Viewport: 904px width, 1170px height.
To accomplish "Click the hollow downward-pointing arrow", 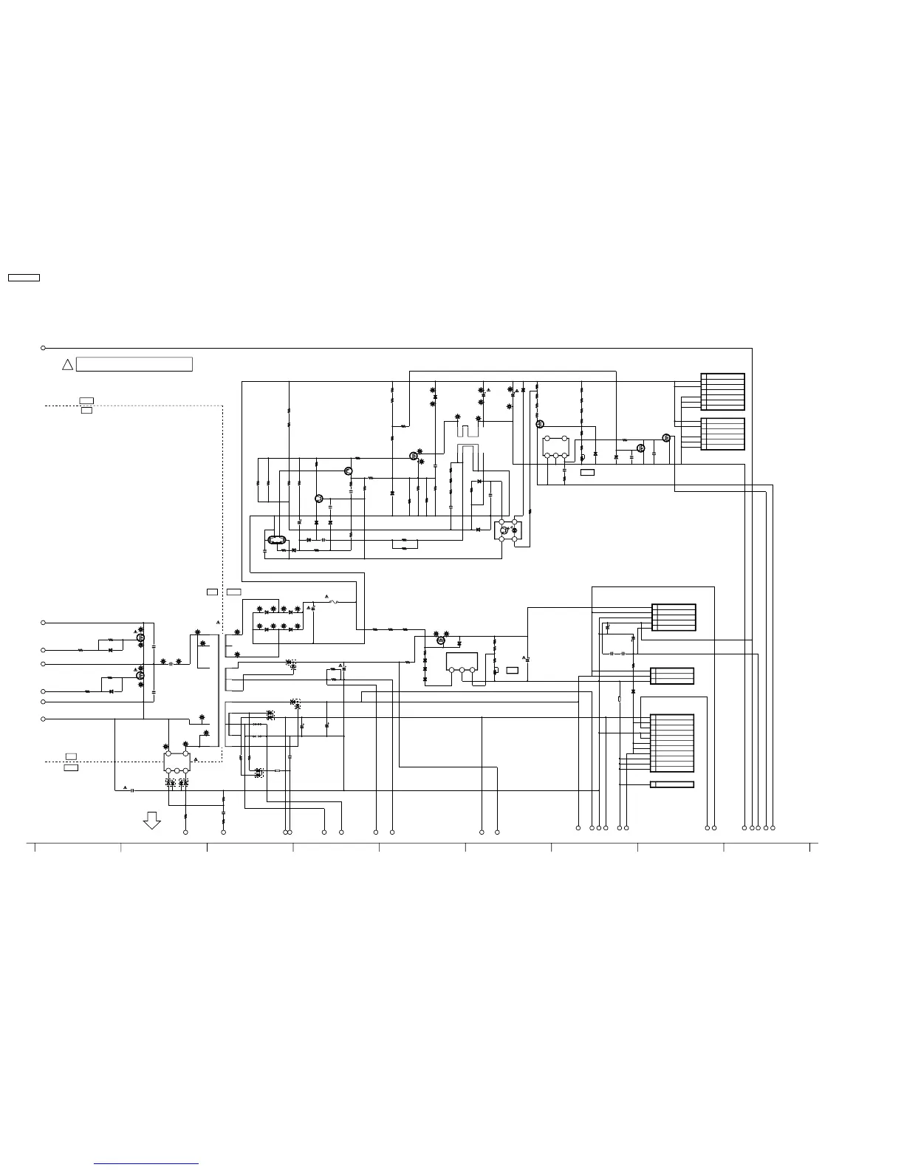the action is click(152, 821).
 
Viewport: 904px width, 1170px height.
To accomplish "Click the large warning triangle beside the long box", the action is click(67, 364).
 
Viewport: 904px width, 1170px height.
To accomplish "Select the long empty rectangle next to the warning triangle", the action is click(134, 364).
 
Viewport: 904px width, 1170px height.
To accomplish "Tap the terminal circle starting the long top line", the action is click(44, 348).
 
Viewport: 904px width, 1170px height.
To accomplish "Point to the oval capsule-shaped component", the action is click(276, 540).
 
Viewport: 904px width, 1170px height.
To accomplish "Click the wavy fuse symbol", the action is click(333, 602).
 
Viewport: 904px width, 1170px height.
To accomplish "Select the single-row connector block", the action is click(671, 784).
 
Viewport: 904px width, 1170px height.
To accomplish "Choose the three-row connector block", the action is click(671, 676).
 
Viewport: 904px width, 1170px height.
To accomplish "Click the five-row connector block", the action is click(674, 617).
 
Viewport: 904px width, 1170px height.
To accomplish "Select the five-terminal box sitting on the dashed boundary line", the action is click(177, 762).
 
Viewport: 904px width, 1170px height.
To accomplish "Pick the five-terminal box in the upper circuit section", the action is click(555, 448).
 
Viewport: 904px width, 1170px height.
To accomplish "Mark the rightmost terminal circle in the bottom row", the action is click(773, 827).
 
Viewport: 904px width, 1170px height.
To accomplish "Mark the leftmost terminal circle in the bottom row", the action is click(185, 832).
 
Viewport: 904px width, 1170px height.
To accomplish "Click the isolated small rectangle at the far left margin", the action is click(24, 278).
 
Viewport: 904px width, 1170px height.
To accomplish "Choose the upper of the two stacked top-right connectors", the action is click(722, 391).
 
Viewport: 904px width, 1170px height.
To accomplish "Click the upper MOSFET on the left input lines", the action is click(140, 637).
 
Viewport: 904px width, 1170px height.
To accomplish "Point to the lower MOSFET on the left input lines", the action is click(140, 675).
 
